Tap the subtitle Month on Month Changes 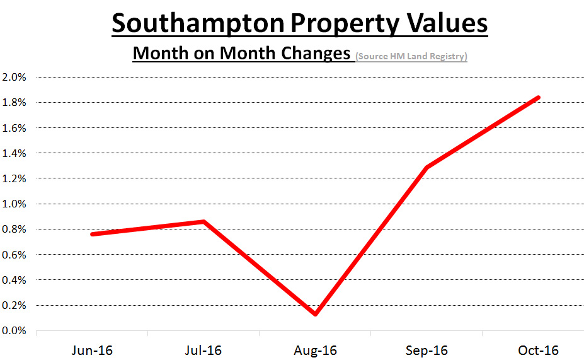(241, 53)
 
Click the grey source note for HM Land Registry (411, 56)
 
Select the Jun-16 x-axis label (93, 350)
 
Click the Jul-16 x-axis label (204, 350)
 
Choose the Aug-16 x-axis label (316, 350)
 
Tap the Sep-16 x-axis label (427, 350)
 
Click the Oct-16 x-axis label (539, 350)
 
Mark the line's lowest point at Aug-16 (315, 313)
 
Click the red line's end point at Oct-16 (538, 98)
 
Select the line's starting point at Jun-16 (93, 234)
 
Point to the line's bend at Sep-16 (427, 168)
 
